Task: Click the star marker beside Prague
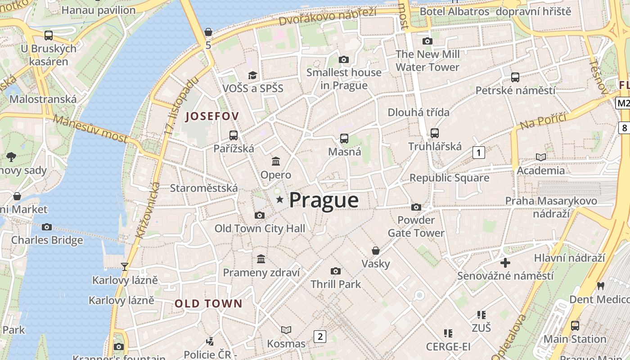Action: pos(280,199)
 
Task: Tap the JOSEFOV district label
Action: pos(212,116)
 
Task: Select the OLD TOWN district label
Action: pos(208,303)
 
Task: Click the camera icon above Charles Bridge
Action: pos(47,227)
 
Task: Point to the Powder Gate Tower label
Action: pos(416,226)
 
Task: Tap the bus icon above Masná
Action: pos(344,138)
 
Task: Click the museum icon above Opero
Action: pos(276,161)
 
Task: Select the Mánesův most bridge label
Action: pos(90,128)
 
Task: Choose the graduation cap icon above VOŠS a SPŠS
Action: pos(253,75)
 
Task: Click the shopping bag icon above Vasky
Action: pos(376,250)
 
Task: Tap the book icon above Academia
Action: pos(541,157)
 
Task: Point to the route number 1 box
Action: pos(479,153)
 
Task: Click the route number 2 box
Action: pos(319,336)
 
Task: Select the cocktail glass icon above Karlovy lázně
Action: pos(125,266)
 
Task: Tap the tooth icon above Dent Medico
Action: pos(600,285)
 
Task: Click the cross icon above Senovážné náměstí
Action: pos(505,262)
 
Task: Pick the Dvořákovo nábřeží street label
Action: pos(327,16)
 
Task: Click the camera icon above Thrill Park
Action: pos(335,270)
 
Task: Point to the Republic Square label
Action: pos(449,178)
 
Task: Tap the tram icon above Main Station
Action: pos(575,325)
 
